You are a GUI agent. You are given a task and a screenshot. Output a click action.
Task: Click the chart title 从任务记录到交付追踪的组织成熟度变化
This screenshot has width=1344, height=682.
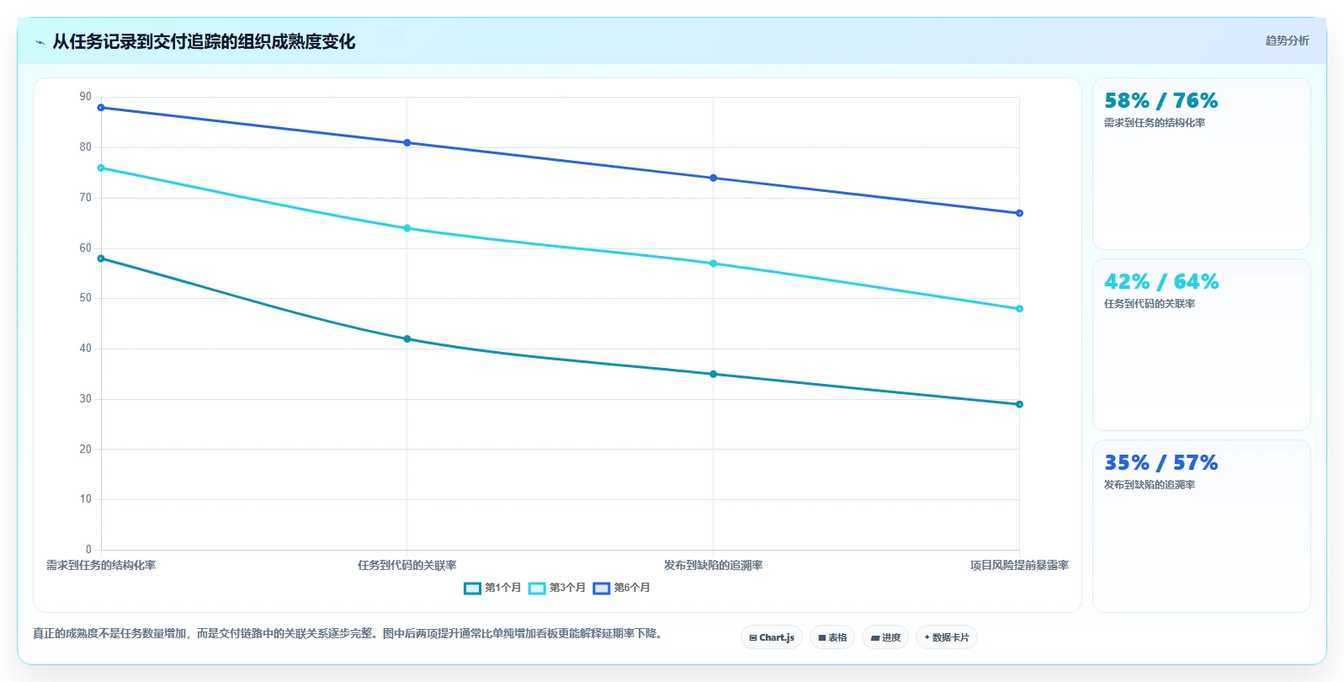click(x=204, y=42)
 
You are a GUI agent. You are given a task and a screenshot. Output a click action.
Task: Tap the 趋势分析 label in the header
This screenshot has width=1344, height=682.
click(x=1287, y=40)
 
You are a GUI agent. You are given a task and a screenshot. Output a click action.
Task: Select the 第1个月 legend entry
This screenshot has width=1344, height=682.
click(x=492, y=588)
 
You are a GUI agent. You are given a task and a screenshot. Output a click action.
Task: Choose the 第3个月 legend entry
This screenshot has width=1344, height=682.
click(x=557, y=588)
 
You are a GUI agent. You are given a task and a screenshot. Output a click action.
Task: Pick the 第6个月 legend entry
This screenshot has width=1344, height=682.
click(x=621, y=588)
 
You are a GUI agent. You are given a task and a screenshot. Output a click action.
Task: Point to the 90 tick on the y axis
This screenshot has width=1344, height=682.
click(x=85, y=97)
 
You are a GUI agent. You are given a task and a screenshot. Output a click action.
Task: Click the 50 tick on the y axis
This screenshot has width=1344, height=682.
click(x=85, y=298)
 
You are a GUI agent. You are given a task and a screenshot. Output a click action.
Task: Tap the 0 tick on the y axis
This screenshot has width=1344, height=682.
click(x=89, y=549)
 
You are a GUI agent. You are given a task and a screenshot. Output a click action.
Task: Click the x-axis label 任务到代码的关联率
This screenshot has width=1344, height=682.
click(x=406, y=565)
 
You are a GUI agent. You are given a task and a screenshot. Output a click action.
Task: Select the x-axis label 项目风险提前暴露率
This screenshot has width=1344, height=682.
click(x=1019, y=565)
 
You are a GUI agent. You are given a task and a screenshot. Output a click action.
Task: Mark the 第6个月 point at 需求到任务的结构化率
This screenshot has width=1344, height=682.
click(x=101, y=108)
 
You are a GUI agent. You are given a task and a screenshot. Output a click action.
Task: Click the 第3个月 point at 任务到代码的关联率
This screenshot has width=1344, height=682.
click(x=406, y=228)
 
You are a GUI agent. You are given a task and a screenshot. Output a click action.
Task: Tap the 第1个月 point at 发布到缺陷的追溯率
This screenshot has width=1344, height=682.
click(x=714, y=374)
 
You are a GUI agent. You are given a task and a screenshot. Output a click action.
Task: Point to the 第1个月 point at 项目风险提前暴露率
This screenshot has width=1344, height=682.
click(x=1019, y=404)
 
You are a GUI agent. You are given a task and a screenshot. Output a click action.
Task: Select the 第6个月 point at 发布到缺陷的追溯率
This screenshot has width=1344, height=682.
click(x=714, y=178)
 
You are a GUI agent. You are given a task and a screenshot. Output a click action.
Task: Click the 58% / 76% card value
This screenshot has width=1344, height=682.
click(x=1161, y=100)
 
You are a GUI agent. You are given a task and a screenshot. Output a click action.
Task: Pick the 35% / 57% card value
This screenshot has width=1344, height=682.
click(x=1161, y=462)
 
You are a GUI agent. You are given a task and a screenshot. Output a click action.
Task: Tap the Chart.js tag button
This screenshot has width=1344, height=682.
click(x=772, y=637)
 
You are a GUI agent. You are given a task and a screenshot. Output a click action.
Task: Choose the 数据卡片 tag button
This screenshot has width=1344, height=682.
click(x=946, y=637)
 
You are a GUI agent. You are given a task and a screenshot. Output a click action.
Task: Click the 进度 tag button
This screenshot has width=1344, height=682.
click(x=885, y=637)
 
